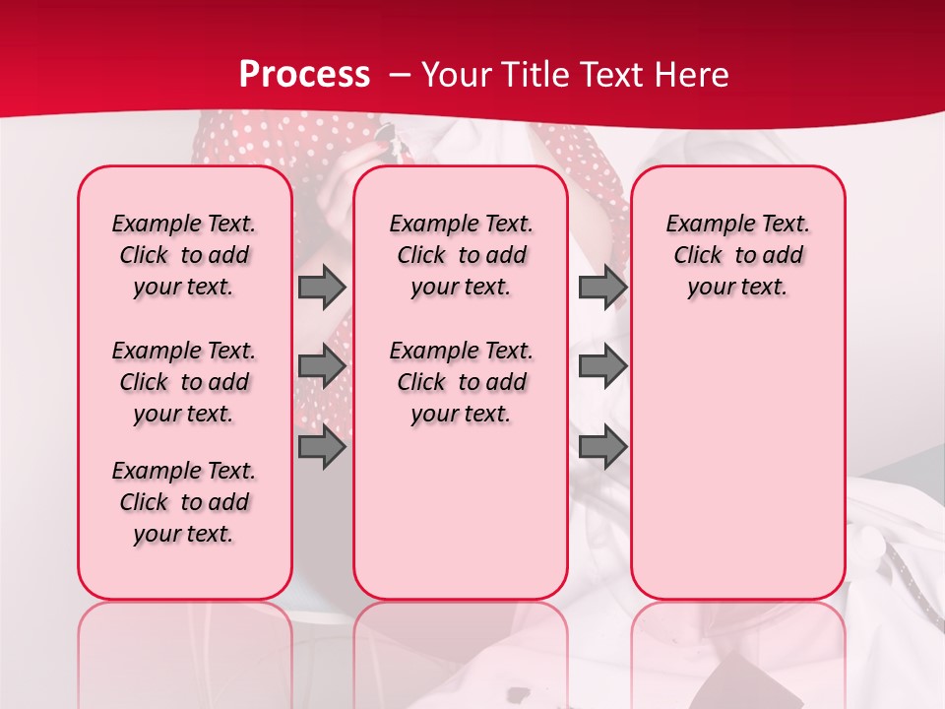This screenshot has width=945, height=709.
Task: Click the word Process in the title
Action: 304,75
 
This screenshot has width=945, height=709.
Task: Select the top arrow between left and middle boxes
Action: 322,287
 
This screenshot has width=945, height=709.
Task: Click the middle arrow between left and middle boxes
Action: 322,366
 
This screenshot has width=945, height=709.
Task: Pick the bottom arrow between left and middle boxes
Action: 322,447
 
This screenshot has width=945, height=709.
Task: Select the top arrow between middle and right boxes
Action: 602,287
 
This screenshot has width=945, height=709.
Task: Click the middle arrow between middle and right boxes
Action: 602,366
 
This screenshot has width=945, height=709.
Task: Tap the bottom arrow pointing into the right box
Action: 602,447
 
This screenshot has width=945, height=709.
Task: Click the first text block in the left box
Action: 184,255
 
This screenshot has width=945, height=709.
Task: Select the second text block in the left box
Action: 184,382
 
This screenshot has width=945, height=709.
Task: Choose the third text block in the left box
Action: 184,502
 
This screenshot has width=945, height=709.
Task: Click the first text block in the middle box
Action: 461,255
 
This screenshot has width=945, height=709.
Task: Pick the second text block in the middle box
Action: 461,382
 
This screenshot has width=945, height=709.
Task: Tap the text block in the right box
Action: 737,255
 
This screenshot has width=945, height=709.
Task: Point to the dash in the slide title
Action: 401,75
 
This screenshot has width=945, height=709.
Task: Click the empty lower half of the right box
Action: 737,473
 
